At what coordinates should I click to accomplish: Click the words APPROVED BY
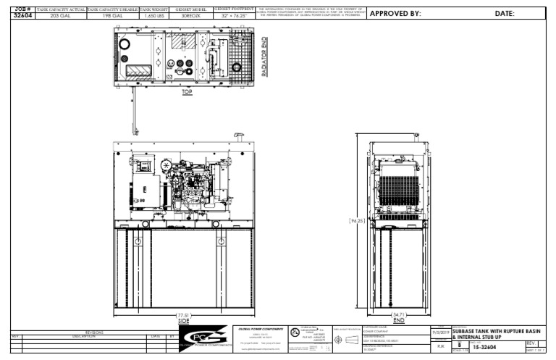coord(396,14)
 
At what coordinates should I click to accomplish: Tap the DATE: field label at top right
coord(505,14)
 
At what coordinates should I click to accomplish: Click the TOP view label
coord(188,92)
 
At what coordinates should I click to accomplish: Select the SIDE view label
coord(183,320)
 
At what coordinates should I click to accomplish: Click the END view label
coord(397,320)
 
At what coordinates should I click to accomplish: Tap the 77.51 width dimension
coord(183,315)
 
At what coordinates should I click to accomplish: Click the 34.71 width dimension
coord(398,315)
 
